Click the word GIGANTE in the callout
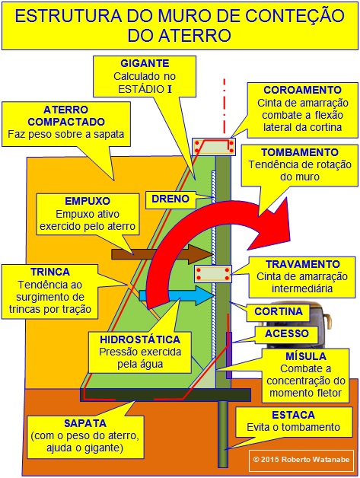coord(145,63)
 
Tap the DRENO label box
coord(170,199)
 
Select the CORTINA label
coord(279,311)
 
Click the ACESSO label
coord(286,333)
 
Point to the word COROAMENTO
coord(302,90)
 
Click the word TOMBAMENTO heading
coord(300,152)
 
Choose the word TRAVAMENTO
coord(302,264)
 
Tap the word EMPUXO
coord(88,201)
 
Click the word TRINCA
coord(50,272)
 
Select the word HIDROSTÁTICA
coord(140,339)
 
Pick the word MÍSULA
coord(306,356)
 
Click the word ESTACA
coord(293,415)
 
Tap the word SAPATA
coord(85,423)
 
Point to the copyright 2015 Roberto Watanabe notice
coord(301,460)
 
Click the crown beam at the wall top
coord(213,147)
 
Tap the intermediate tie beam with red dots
coord(213,274)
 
